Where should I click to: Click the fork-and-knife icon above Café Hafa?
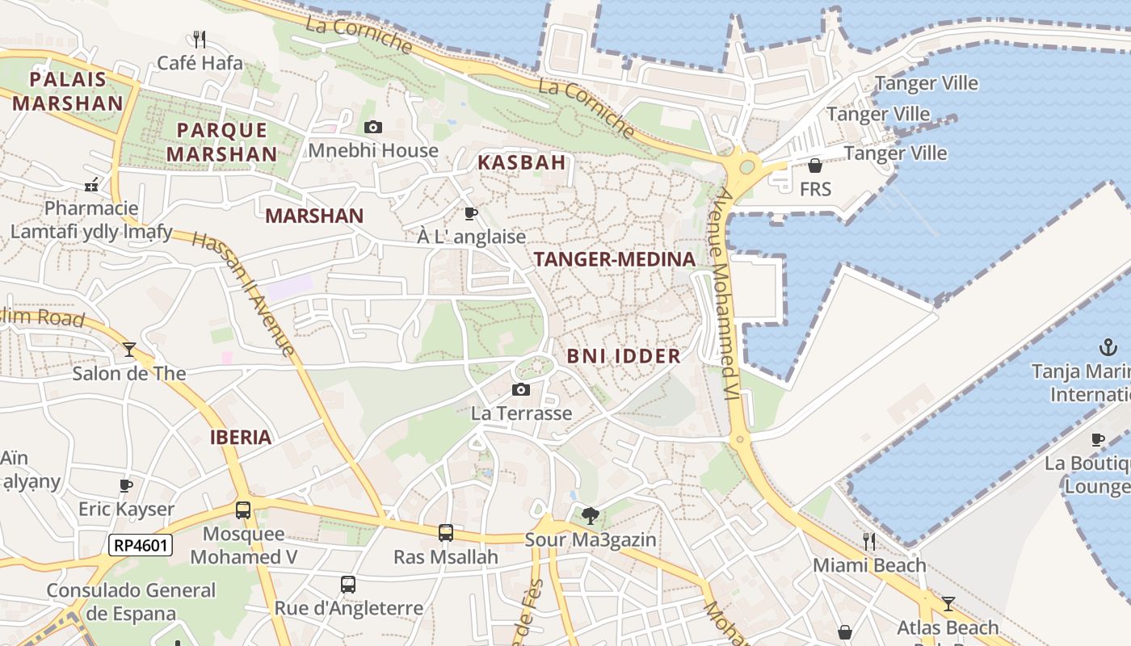200,38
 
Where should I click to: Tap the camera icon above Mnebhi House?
372,127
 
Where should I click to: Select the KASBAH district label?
521,162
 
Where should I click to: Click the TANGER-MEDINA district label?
614,259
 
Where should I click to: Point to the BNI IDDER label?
623,356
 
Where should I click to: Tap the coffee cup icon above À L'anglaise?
471,213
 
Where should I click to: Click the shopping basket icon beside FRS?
815,166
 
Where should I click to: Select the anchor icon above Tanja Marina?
1108,348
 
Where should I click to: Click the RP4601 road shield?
141,545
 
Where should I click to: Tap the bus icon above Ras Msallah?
446,532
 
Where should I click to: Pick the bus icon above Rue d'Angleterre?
348,584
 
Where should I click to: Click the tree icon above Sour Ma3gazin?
591,515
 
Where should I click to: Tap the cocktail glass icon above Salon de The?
129,349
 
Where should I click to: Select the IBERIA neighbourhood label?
240,438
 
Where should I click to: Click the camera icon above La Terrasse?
521,389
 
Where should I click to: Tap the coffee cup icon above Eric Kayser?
126,485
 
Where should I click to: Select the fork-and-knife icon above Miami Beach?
869,540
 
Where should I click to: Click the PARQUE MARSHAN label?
221,141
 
